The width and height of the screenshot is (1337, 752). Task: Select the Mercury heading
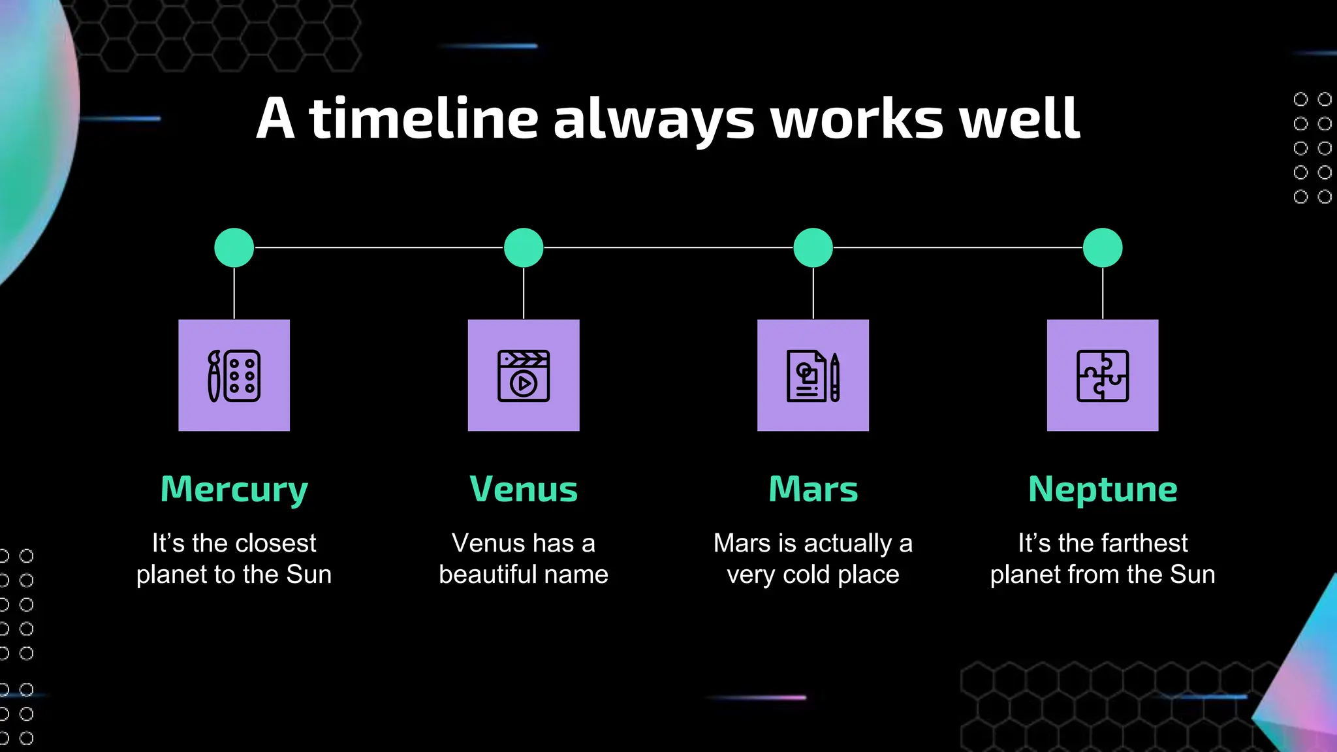(234, 490)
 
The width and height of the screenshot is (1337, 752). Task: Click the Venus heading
(524, 490)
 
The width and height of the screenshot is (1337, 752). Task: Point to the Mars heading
(813, 490)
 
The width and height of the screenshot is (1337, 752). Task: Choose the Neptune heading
(1103, 490)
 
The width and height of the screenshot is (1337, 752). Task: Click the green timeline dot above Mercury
(234, 247)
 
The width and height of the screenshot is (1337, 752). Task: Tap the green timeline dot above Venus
(524, 247)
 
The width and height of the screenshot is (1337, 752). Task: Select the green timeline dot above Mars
(813, 247)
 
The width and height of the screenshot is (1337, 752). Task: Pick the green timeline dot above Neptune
(1103, 247)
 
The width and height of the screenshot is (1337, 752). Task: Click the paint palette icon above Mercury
(234, 375)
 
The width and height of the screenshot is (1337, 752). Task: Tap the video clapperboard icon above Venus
(524, 375)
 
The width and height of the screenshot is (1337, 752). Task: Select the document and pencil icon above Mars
(813, 375)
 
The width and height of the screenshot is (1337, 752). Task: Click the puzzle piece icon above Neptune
(1103, 375)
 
